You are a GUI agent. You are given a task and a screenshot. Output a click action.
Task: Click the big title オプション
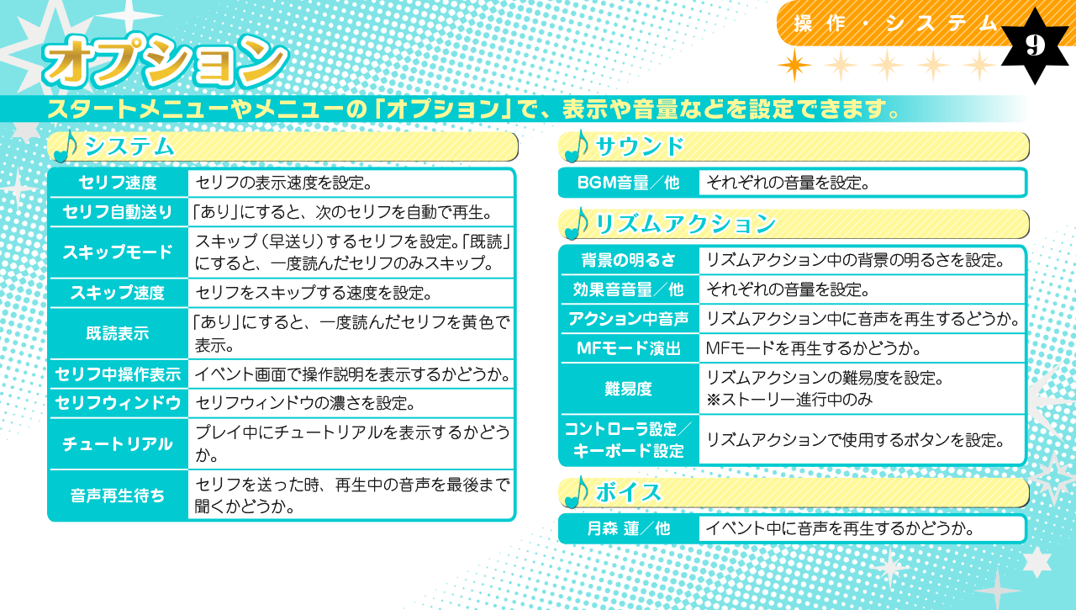(166, 61)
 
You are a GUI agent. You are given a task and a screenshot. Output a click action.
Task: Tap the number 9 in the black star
(1035, 45)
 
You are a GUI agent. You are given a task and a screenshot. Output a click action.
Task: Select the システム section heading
(129, 146)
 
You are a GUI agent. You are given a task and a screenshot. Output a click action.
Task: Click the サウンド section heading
(640, 146)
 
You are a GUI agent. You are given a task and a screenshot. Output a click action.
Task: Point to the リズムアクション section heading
(685, 224)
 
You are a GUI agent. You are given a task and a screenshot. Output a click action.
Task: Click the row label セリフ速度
(118, 183)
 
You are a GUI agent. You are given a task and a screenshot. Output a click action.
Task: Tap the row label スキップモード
(118, 252)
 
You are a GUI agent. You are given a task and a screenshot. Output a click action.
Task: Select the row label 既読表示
(118, 333)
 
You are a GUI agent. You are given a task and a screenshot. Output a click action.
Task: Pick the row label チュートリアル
(118, 443)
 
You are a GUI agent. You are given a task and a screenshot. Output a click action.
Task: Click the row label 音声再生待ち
(118, 496)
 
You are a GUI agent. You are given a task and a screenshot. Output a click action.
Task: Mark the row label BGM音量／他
(628, 183)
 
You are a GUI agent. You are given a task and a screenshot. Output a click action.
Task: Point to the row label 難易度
(628, 389)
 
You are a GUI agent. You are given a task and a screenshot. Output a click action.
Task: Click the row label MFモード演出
(628, 348)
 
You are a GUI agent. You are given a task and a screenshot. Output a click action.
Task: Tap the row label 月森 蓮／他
(628, 528)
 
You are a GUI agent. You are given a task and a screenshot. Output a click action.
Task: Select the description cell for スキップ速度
(351, 293)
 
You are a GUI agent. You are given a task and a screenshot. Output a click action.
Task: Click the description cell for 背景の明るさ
(862, 260)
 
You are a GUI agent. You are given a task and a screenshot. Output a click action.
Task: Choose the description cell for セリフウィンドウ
(351, 403)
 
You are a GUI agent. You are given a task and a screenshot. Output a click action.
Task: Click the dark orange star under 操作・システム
(795, 65)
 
